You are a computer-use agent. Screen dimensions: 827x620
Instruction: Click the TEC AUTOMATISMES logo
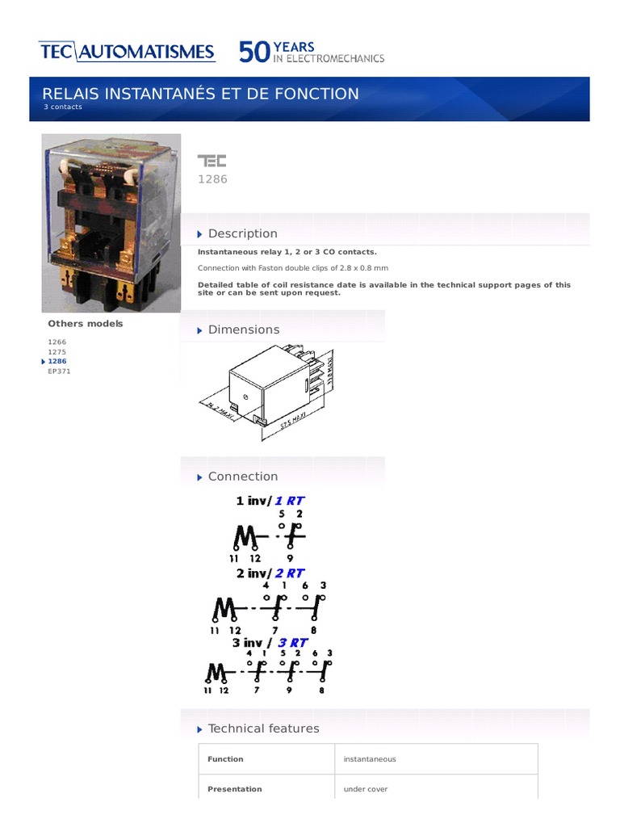(x=127, y=52)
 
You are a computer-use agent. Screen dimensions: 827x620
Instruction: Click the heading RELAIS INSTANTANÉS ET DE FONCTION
(x=201, y=94)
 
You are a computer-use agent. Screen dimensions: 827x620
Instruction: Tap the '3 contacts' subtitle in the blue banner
(x=63, y=107)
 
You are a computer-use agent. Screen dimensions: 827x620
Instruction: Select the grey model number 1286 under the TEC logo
(x=213, y=179)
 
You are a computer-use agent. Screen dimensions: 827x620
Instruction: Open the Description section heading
(x=242, y=233)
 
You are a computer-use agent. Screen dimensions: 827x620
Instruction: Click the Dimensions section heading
(x=243, y=330)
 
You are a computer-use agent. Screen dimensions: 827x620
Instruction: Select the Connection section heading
(x=242, y=476)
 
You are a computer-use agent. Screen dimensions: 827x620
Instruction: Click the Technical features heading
(x=263, y=728)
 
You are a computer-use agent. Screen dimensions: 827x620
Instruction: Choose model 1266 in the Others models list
(x=57, y=342)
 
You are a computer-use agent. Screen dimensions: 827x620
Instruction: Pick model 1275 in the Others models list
(x=57, y=351)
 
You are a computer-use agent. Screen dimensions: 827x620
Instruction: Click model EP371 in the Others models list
(x=59, y=372)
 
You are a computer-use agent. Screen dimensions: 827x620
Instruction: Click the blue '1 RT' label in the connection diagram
(x=290, y=501)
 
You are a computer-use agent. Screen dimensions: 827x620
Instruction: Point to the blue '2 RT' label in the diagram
(x=291, y=573)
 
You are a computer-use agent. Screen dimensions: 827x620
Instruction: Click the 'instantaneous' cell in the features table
(x=370, y=759)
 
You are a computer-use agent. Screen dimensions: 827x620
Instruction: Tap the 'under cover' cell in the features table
(x=366, y=789)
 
